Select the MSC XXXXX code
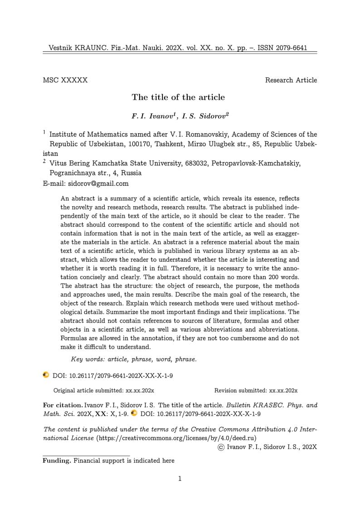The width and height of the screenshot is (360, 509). pyautogui.click(x=65, y=80)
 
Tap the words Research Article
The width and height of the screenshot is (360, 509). pyautogui.click(x=291, y=80)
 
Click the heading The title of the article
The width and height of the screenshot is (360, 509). pyautogui.click(x=178, y=97)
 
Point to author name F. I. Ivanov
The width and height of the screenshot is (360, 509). pyautogui.click(x=152, y=116)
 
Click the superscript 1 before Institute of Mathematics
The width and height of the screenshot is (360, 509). pyautogui.click(x=44, y=132)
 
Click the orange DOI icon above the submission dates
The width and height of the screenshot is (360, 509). pyautogui.click(x=46, y=375)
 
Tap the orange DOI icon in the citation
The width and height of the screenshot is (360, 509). pyautogui.click(x=134, y=413)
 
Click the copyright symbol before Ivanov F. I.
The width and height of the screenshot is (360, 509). pyautogui.click(x=221, y=447)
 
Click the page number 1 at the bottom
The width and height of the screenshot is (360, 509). pyautogui.click(x=180, y=479)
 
